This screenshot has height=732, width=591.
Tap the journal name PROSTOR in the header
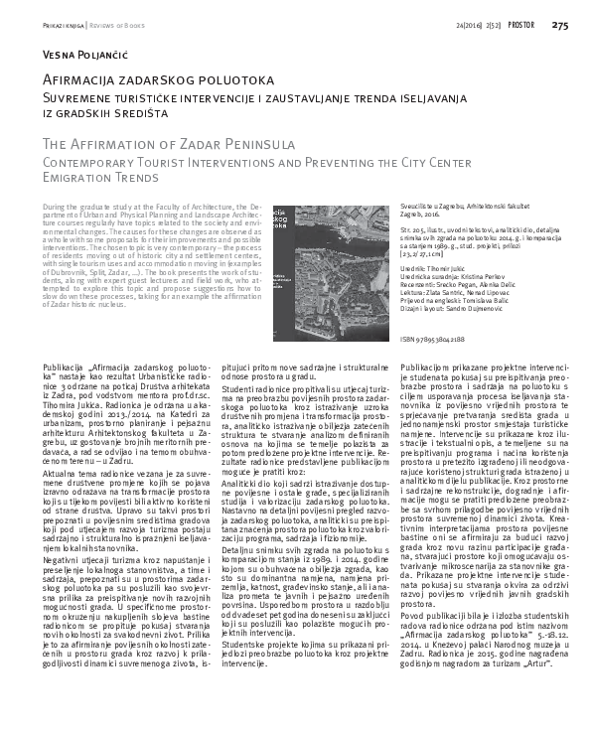[520, 25]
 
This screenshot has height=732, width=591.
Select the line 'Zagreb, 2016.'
[405, 213]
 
